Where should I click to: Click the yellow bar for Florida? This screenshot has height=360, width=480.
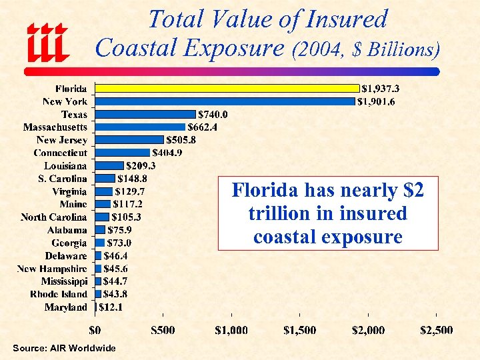(227, 88)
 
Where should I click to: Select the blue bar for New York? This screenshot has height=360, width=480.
(225, 101)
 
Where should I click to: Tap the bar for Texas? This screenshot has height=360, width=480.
(145, 114)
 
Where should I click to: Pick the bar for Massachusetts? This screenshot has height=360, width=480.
(140, 127)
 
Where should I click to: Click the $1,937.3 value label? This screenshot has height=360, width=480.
(382, 88)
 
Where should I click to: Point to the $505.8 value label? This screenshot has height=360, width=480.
(181, 140)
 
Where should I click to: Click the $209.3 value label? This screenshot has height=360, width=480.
(141, 165)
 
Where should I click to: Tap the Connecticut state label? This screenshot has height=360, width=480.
(61, 153)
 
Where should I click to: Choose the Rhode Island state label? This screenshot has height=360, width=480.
(59, 294)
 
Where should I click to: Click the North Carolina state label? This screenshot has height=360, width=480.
(53, 217)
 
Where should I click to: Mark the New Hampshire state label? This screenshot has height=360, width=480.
(52, 268)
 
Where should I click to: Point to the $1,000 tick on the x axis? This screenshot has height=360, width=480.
(231, 330)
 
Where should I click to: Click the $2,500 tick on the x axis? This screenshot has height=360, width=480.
(436, 330)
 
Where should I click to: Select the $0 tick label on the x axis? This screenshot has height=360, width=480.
(95, 330)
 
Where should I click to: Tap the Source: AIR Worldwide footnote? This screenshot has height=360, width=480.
(64, 348)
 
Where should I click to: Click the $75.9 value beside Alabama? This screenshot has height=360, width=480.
(120, 230)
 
